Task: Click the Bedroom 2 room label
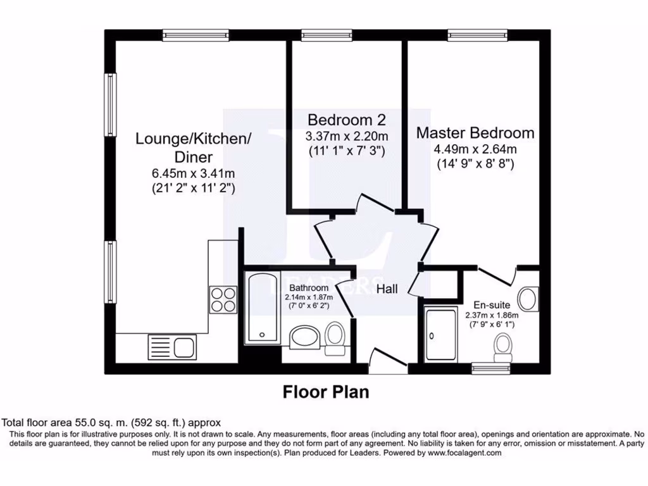(346, 120)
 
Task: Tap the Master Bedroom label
(475, 133)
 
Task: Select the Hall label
(387, 289)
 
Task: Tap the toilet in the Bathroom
(335, 337)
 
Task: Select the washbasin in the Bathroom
(306, 339)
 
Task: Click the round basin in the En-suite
(528, 297)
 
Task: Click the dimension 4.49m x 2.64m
(475, 149)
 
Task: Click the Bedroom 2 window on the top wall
(327, 35)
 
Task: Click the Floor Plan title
(325, 392)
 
